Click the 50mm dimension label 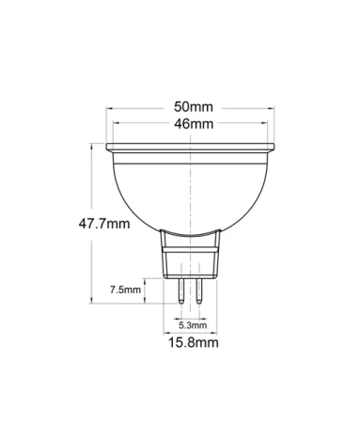click(x=193, y=106)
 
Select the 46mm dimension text click(x=193, y=124)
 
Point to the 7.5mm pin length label click(x=125, y=290)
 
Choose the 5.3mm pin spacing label click(x=192, y=324)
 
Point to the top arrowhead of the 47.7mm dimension click(x=92, y=145)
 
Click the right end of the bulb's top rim click(x=274, y=148)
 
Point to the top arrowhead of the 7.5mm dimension click(x=147, y=280)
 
